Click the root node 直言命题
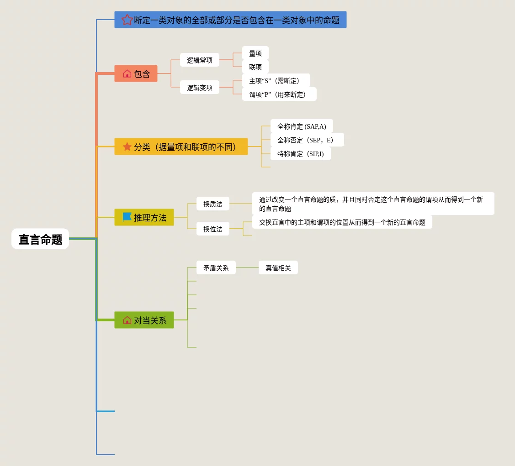pos(40,239)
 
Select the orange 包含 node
pos(136,74)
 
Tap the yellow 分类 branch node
pos(181,147)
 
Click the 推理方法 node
pos(144,218)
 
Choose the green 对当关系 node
pos(144,320)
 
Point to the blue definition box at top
pos(230,20)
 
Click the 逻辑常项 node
pos(199,60)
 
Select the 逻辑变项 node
pos(199,88)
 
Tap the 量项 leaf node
pos(255,53)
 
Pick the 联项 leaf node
pos(255,67)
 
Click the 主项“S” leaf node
pos(276,81)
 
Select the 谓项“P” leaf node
pos(279,94)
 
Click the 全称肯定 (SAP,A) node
pos(302,126)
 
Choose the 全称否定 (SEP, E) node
pos(307,140)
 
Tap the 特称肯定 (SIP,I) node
pos(300,154)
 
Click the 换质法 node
pos(212,204)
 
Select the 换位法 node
pos(212,229)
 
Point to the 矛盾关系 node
pos(216,268)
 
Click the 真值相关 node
pos(278,268)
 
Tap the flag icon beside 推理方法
pos(127,217)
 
